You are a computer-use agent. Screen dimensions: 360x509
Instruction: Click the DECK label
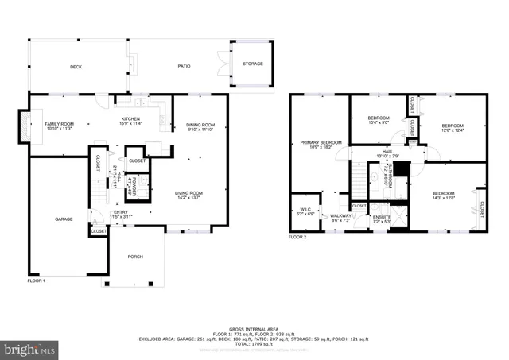pos(76,68)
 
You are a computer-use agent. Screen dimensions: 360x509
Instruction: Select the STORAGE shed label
pos(252,64)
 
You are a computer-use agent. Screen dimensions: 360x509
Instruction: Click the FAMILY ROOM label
pos(59,124)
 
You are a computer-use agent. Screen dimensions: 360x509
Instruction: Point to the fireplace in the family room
pos(22,126)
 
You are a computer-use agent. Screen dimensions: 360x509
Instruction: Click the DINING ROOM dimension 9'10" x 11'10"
pos(200,130)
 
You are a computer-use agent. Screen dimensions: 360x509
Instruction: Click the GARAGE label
pos(64,219)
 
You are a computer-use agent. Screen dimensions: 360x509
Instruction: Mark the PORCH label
pos(136,257)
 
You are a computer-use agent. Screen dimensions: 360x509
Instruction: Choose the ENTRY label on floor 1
pos(120,212)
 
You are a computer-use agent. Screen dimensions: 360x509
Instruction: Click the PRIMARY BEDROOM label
pos(321,143)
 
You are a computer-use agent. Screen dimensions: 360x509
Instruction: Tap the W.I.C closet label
pos(305,210)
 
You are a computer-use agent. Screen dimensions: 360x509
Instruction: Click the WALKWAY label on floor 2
pos(341,215)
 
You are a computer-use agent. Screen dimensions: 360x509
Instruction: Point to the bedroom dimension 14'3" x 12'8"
pos(444,199)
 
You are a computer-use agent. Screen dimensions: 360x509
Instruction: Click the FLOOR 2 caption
pos(297,237)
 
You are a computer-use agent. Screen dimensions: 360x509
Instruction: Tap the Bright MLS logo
pos(30,347)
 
